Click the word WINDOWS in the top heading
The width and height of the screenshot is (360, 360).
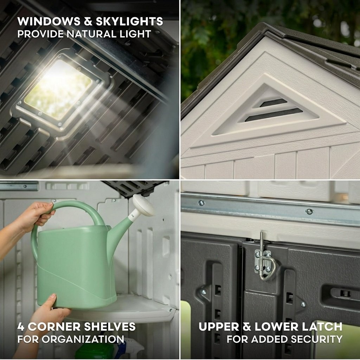click(x=49, y=21)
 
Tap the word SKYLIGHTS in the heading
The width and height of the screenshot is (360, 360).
click(x=129, y=21)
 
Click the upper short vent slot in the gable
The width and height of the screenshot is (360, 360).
click(x=273, y=103)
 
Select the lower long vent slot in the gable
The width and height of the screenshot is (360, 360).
click(x=274, y=115)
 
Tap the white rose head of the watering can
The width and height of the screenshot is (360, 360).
click(x=143, y=205)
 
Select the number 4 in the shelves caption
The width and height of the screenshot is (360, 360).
click(x=21, y=327)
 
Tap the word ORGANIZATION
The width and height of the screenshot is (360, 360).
click(x=83, y=339)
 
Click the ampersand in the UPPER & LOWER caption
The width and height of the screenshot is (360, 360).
click(x=247, y=327)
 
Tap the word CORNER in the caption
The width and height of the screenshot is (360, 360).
click(x=54, y=327)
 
